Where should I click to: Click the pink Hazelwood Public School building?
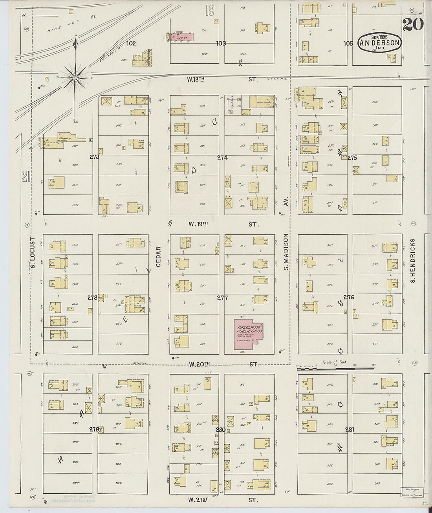[x=249, y=333]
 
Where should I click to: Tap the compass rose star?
[x=75, y=78]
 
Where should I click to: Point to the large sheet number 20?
[x=412, y=24]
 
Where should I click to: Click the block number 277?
[x=222, y=298]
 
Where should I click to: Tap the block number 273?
[x=94, y=157]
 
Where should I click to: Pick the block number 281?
[x=350, y=430]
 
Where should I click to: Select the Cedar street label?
[x=159, y=257]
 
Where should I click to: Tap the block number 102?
[x=131, y=44]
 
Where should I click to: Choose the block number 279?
[x=94, y=429]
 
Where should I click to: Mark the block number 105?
[x=348, y=44]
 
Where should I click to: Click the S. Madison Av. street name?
[x=286, y=252]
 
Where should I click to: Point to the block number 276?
[x=349, y=297]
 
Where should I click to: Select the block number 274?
[x=222, y=157]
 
